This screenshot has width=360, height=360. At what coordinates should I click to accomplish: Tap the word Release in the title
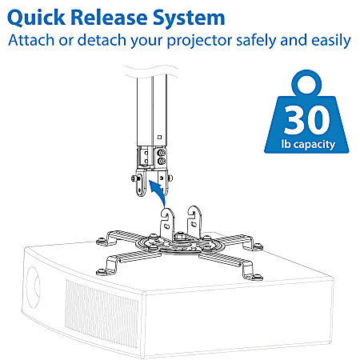tap(115, 17)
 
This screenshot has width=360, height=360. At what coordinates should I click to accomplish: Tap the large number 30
tap(306, 119)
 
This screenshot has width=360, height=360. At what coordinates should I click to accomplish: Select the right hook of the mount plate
tap(194, 214)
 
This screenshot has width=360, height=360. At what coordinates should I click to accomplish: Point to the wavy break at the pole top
tap(155, 77)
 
